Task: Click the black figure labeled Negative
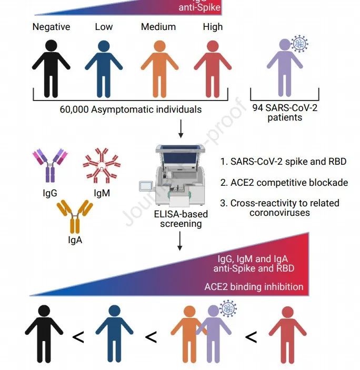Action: click(x=51, y=66)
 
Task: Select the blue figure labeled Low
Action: click(x=104, y=66)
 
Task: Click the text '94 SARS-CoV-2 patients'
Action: click(x=284, y=112)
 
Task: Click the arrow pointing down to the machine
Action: click(x=181, y=128)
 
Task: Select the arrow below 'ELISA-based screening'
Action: click(x=181, y=242)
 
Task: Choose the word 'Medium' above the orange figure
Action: click(x=158, y=27)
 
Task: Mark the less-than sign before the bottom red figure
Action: click(x=251, y=337)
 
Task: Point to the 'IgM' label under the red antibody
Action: click(x=102, y=193)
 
